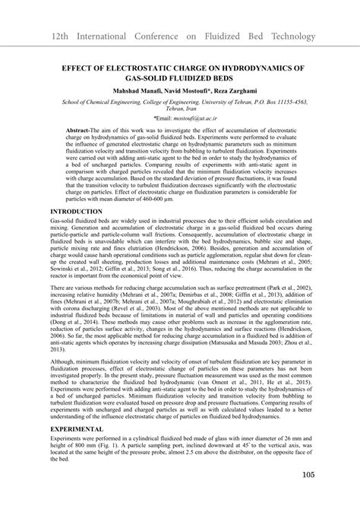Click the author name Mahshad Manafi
[139, 90]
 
